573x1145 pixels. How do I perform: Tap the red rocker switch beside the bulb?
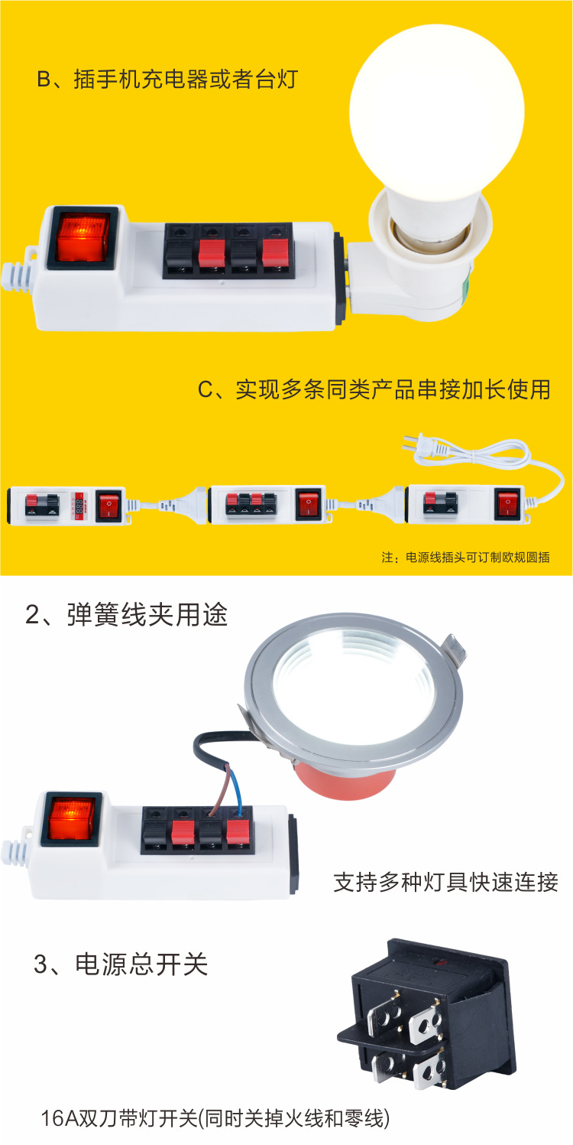coord(77,236)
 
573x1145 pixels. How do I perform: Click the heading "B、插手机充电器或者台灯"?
coord(167,80)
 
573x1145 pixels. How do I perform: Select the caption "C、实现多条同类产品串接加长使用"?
coord(374,389)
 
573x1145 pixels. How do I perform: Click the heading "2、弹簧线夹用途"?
coord(127,615)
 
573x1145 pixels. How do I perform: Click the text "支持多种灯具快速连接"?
coord(446,881)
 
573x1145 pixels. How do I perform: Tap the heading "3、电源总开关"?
coord(121,964)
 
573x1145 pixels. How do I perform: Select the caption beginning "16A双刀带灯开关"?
coord(215,1119)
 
